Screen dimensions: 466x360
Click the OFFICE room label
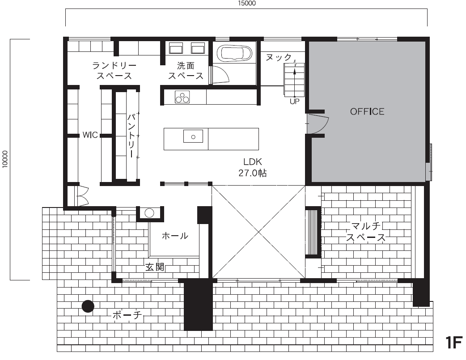point(367,111)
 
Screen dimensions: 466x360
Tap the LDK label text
point(252,162)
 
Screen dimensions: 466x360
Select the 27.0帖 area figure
point(252,173)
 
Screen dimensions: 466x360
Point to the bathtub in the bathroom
point(234,53)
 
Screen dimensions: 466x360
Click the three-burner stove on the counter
point(182,97)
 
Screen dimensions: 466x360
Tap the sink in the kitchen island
point(193,136)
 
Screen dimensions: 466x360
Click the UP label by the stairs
point(295,102)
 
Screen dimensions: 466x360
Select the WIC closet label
point(90,135)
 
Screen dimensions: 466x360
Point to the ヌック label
point(279,57)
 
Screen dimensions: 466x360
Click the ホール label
point(175,236)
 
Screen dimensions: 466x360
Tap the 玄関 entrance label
point(155,267)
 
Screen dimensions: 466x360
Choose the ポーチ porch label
point(127,314)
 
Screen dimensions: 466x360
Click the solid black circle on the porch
point(88,306)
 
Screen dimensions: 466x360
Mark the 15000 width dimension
point(247,3)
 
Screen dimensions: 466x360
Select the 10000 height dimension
point(5,159)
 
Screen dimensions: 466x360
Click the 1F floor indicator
point(454,343)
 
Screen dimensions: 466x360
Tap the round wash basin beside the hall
point(149,213)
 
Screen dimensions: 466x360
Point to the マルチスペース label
point(366,232)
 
